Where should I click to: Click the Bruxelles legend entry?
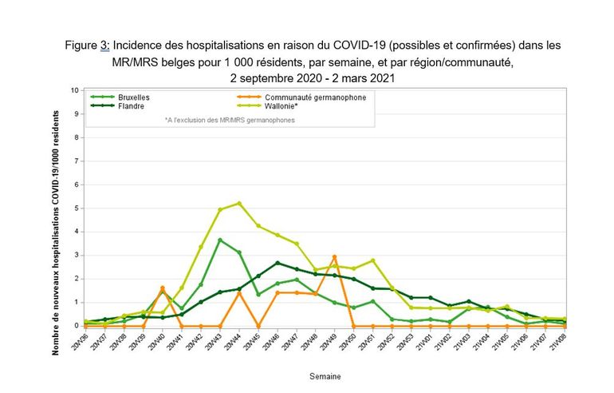click(x=133, y=97)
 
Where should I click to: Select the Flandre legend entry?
click(x=130, y=105)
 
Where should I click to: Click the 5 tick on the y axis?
click(x=75, y=208)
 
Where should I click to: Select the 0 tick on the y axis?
click(x=75, y=325)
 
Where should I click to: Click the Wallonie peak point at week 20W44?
click(x=239, y=203)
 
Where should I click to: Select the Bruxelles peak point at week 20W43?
click(x=220, y=240)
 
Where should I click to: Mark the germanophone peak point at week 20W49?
click(x=334, y=256)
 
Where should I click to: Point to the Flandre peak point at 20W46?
click(x=277, y=263)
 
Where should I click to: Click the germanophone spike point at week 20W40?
click(x=163, y=288)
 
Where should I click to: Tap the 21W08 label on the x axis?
click(x=563, y=342)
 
